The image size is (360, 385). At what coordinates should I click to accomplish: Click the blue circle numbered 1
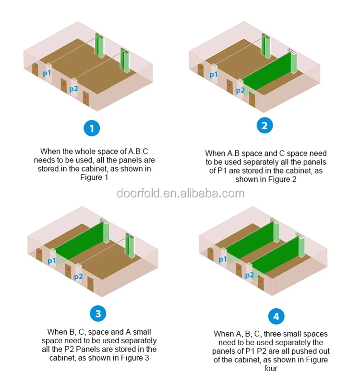[92, 128]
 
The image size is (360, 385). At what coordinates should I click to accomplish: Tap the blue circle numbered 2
[264, 126]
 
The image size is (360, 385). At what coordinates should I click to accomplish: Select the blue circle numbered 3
[98, 314]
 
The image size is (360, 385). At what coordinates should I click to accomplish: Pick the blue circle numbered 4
[276, 317]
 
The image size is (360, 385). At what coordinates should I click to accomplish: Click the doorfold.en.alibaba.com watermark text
[180, 194]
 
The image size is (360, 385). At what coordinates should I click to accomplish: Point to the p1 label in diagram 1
[47, 73]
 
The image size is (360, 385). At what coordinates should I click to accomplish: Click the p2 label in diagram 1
[73, 89]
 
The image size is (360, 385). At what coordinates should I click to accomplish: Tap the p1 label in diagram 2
[214, 74]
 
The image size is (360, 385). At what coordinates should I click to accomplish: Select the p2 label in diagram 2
[240, 90]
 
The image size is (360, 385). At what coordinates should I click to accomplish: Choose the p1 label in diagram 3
[51, 261]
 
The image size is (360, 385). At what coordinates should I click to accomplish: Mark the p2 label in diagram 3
[78, 276]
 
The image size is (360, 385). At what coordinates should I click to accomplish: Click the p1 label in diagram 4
[223, 259]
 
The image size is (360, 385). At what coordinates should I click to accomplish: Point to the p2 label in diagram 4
[249, 275]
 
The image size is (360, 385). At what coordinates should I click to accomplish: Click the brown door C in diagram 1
[86, 98]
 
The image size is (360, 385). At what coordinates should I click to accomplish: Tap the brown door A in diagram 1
[35, 69]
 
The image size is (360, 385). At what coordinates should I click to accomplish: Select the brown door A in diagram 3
[39, 253]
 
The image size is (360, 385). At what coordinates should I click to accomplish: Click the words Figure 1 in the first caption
[97, 177]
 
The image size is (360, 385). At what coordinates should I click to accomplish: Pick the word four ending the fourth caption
[271, 368]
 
